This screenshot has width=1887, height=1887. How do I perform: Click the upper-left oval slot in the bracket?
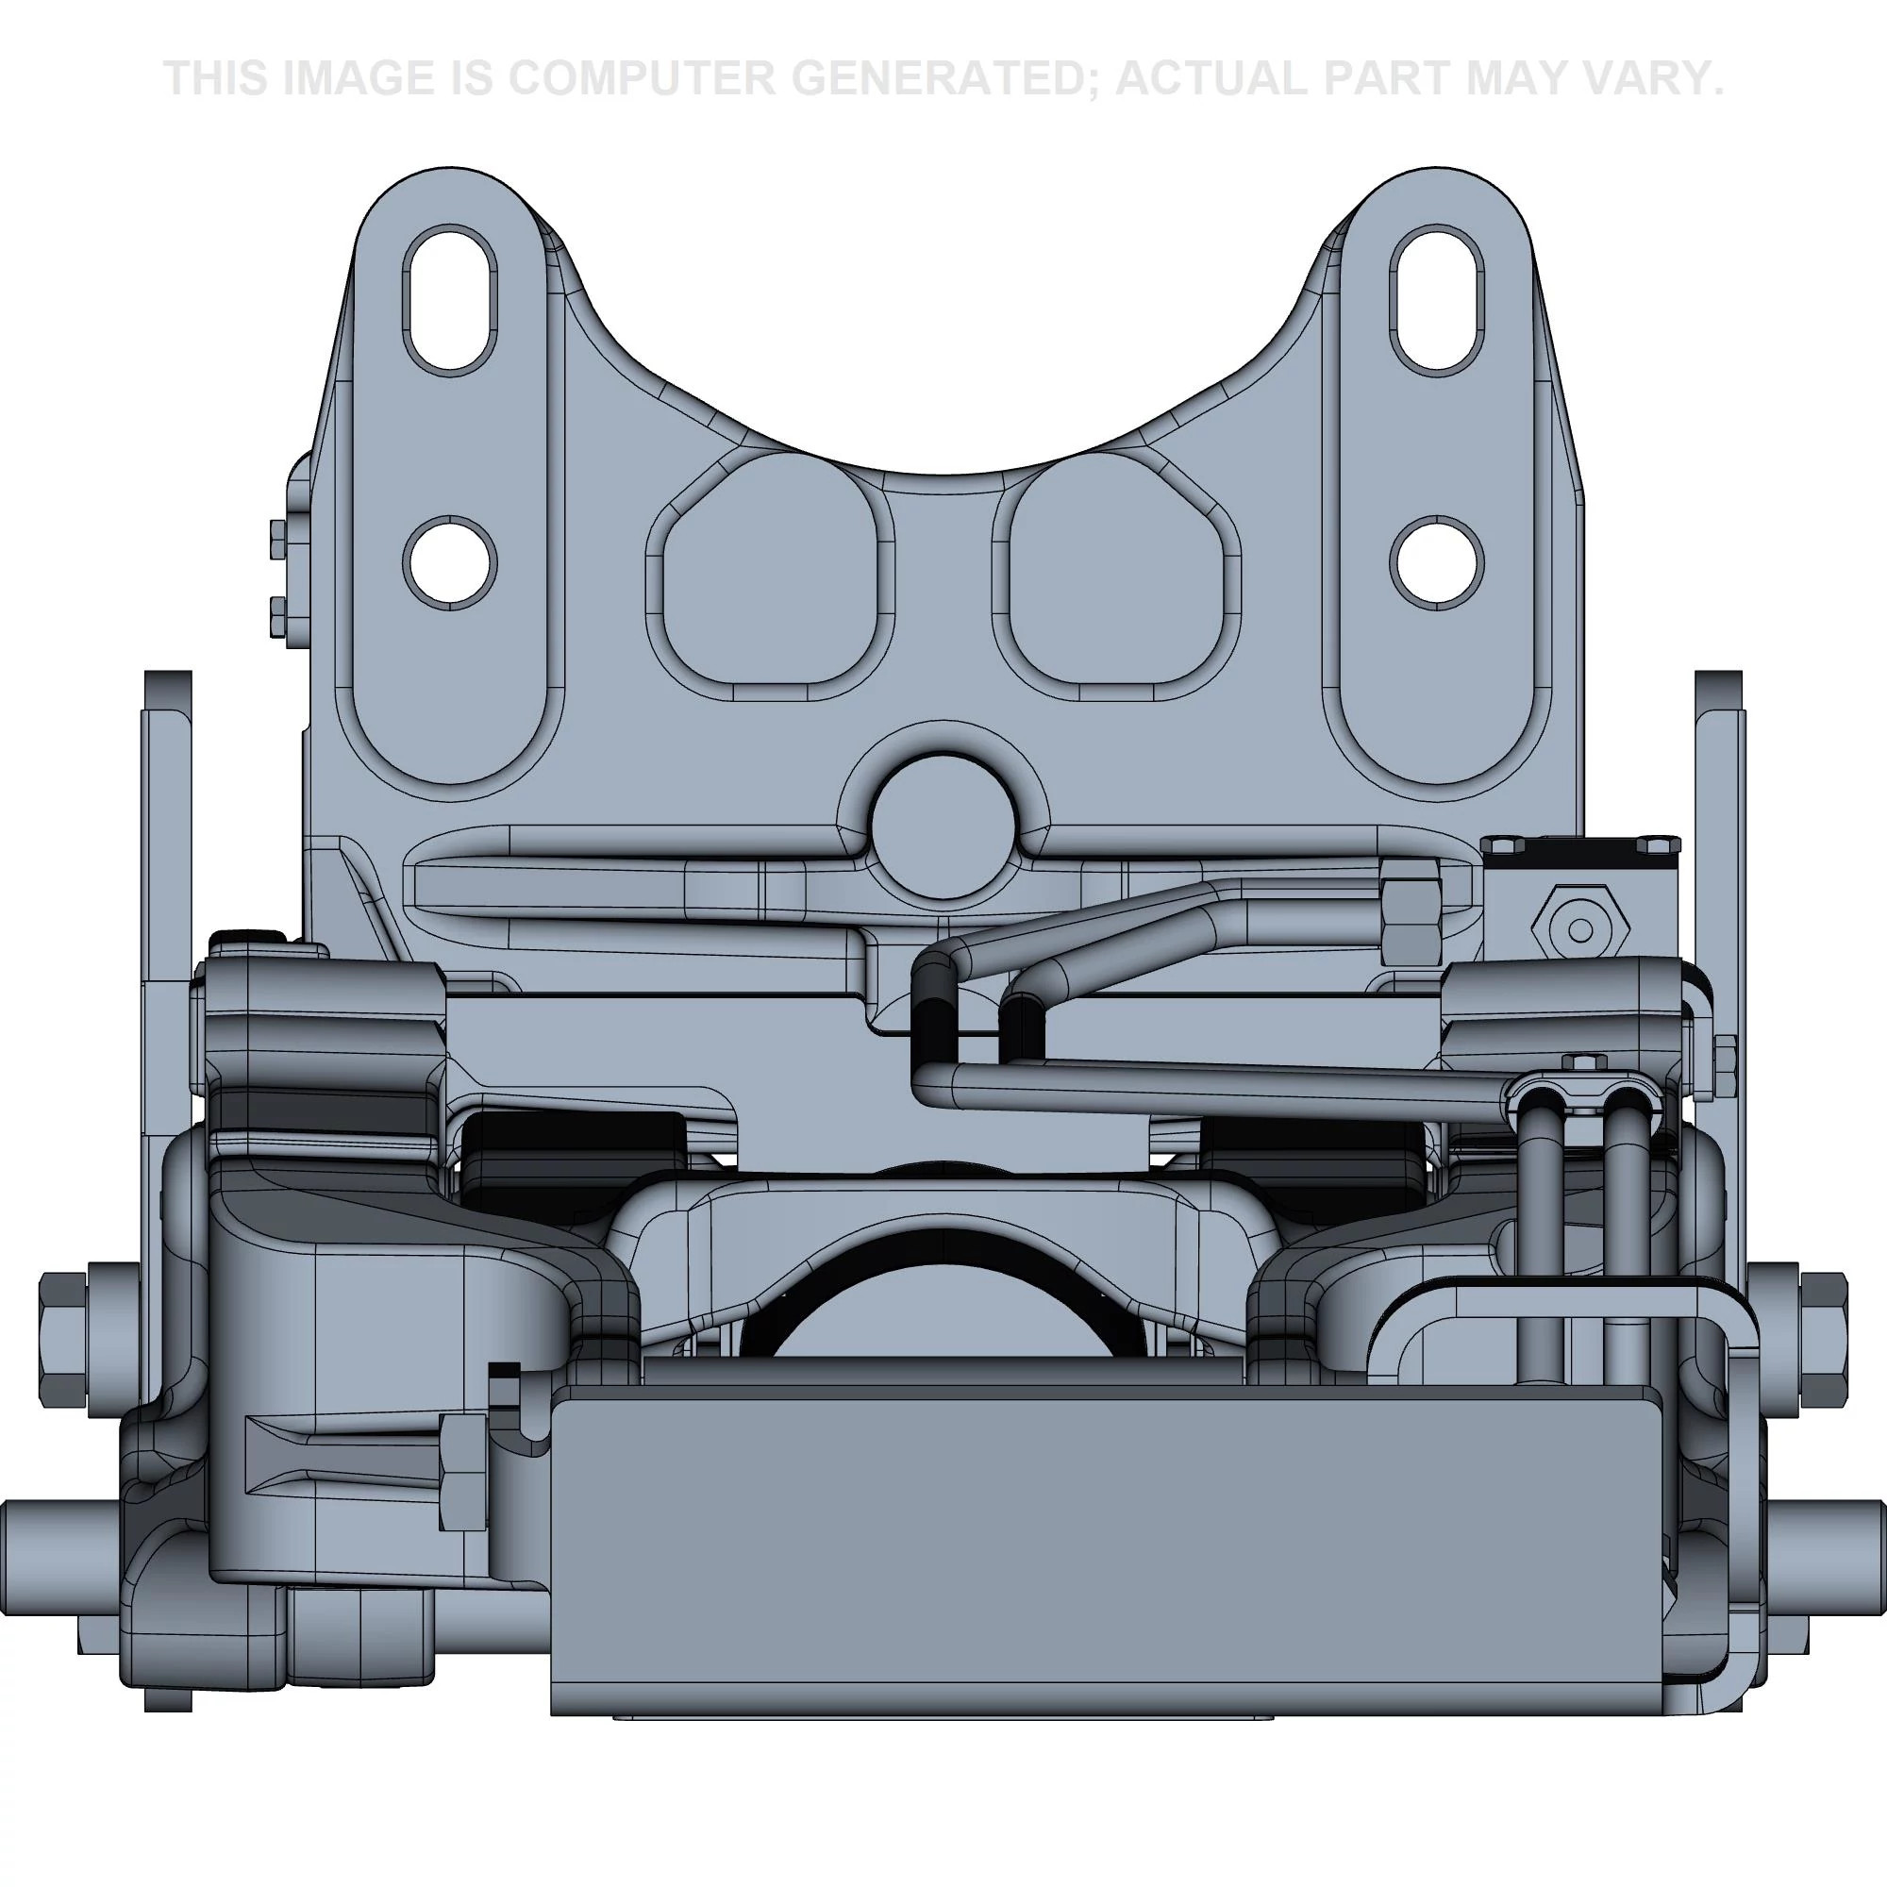(450, 299)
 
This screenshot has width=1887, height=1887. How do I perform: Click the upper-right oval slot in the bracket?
(1437, 299)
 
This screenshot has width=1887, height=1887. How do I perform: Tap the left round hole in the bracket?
(450, 562)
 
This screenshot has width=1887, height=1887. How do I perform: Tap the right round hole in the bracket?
(1437, 562)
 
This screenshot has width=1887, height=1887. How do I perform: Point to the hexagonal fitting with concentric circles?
(1581, 930)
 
